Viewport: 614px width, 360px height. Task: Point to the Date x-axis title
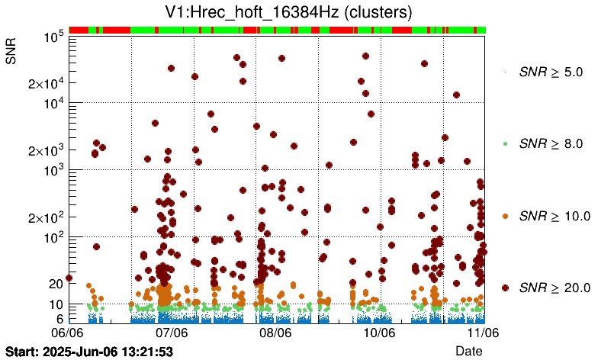point(469,350)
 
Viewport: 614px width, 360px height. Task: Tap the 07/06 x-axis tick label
point(172,333)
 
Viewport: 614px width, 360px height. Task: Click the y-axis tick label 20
point(55,284)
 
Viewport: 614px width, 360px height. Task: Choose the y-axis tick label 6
point(59,319)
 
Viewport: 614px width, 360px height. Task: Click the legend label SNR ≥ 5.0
point(551,72)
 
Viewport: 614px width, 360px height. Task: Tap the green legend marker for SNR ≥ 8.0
point(505,143)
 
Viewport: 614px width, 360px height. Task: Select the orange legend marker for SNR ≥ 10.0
point(505,216)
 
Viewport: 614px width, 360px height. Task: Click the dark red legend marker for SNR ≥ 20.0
point(505,288)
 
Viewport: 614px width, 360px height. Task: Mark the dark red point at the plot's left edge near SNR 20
point(69,278)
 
